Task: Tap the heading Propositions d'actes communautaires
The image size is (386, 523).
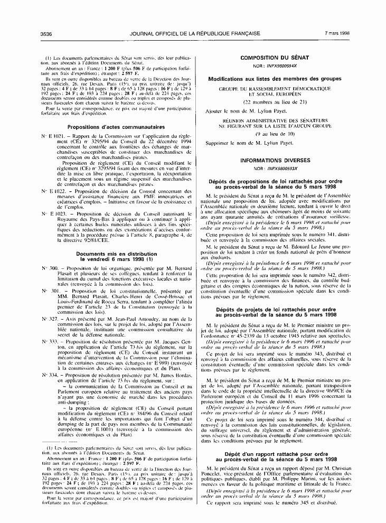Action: [116, 127]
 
